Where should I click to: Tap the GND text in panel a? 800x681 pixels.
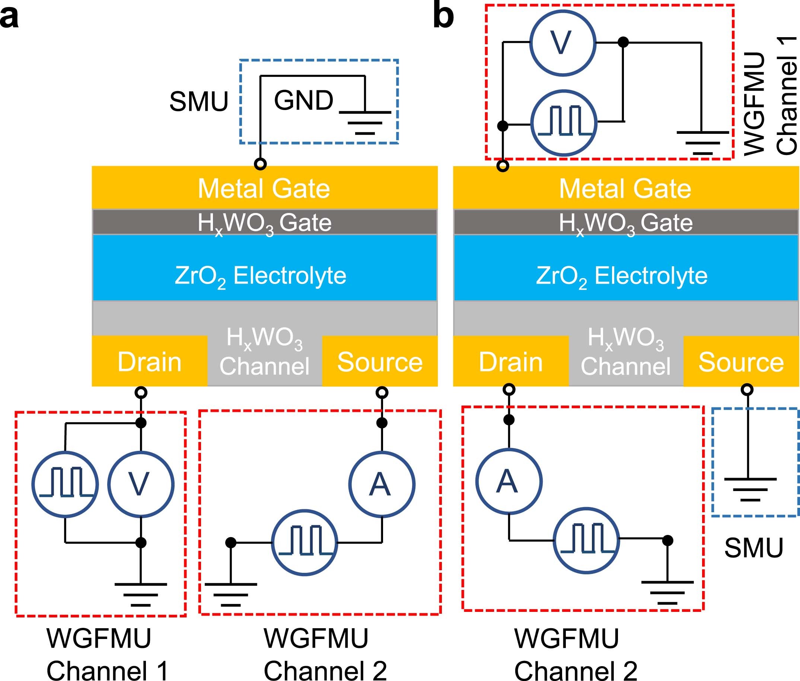[x=303, y=100]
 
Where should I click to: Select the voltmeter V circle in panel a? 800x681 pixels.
[x=141, y=484]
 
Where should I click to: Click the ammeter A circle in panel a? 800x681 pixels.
[x=382, y=484]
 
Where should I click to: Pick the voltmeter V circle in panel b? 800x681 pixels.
[x=562, y=43]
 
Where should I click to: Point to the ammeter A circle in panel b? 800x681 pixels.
[x=509, y=481]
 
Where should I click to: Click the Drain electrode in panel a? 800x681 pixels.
[x=149, y=362]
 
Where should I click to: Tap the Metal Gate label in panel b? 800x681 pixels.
[x=625, y=188]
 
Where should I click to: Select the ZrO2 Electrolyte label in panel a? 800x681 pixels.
[x=261, y=276]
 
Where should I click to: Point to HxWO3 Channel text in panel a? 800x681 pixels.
[x=264, y=351]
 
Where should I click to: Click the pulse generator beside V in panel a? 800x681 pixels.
[x=65, y=484]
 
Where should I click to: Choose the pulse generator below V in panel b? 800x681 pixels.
[x=564, y=123]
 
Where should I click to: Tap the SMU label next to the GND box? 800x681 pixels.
[x=198, y=102]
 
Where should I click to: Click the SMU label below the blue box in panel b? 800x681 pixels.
[x=753, y=548]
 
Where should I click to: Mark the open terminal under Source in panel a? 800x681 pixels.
[x=382, y=393]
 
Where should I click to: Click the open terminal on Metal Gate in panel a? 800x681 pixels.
[x=260, y=164]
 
